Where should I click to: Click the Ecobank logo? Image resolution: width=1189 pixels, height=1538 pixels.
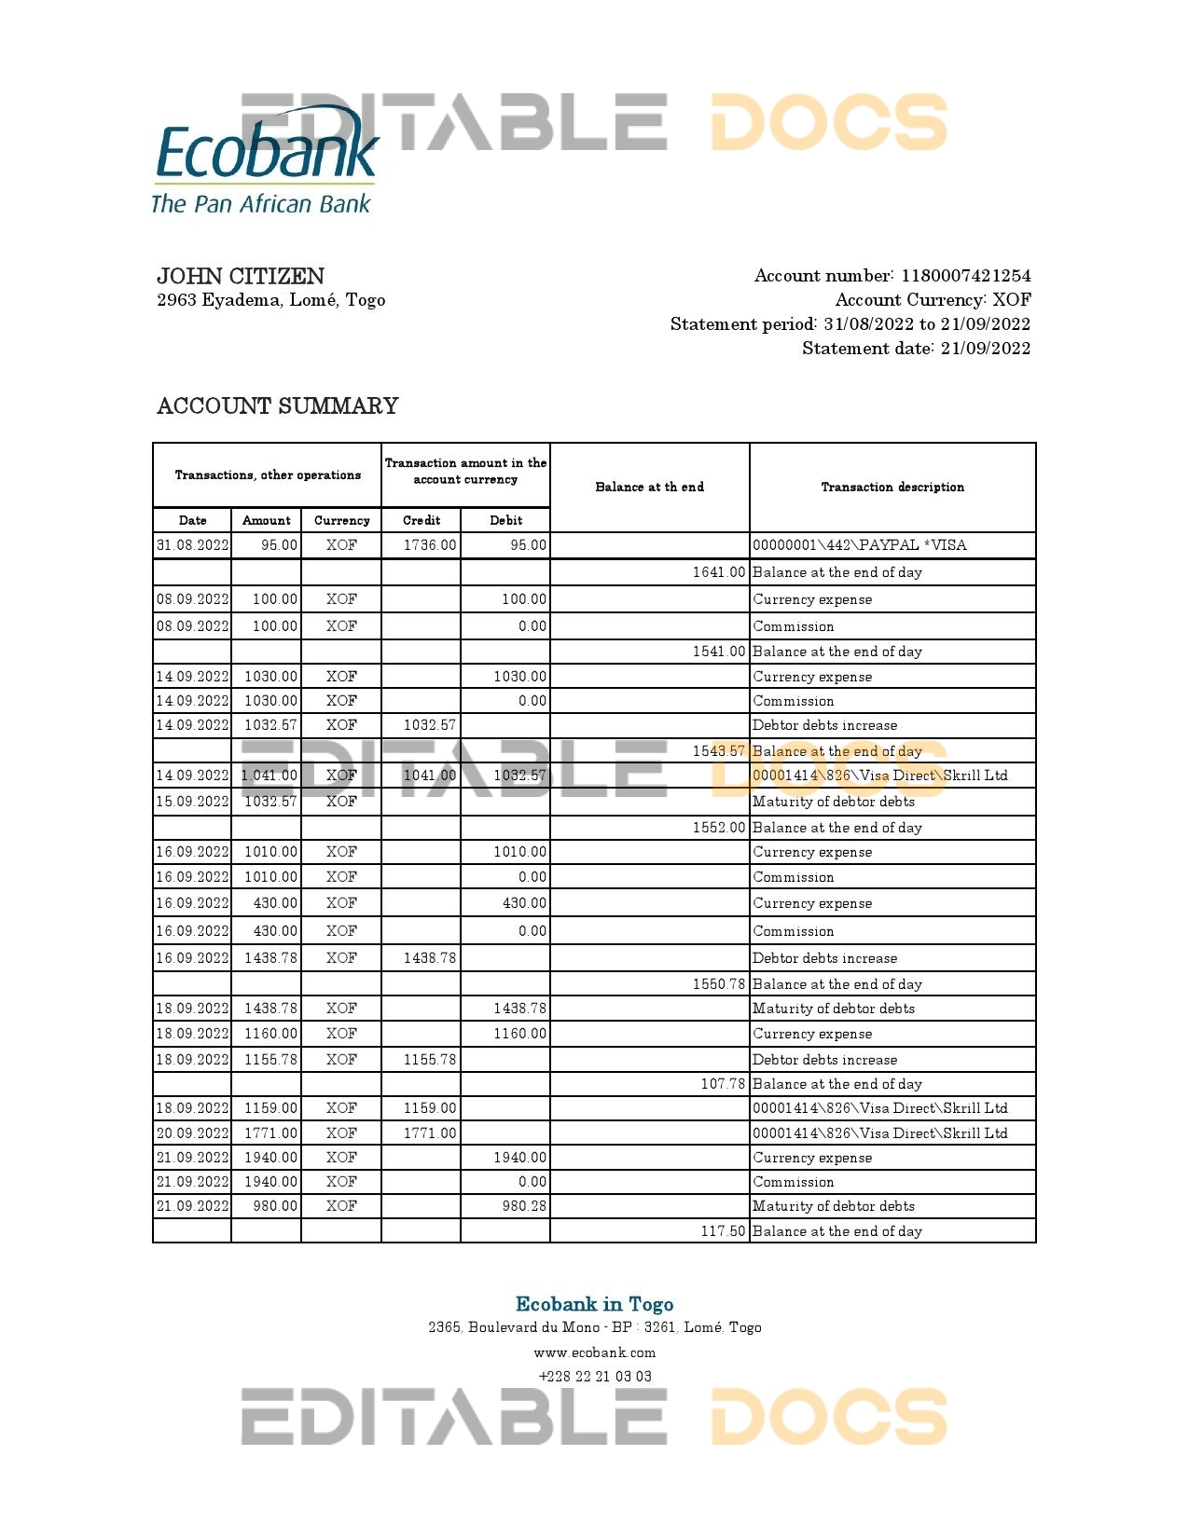(x=265, y=160)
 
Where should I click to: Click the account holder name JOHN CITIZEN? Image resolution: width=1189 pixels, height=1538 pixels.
(x=241, y=276)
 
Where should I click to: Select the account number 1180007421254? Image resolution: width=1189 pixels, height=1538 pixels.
(x=965, y=276)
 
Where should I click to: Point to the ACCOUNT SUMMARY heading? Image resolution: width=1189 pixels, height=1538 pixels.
(x=278, y=406)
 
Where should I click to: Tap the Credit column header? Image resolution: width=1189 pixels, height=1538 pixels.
(x=422, y=520)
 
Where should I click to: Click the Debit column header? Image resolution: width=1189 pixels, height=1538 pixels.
(x=505, y=520)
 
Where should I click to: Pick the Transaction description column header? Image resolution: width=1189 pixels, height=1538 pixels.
(x=892, y=487)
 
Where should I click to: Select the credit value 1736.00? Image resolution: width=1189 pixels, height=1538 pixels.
(x=430, y=545)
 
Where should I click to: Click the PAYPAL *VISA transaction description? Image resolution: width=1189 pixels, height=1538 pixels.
(x=859, y=545)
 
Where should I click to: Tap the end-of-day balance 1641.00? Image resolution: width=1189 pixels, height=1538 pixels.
(x=719, y=572)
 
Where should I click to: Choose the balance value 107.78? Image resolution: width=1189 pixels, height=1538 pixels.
(x=723, y=1084)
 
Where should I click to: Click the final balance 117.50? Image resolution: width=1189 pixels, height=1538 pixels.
(x=723, y=1231)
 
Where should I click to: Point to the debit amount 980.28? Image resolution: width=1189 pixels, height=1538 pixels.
(x=524, y=1206)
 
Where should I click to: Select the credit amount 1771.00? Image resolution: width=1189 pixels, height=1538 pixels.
(x=430, y=1133)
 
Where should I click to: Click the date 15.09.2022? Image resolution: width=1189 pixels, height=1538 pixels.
(x=192, y=802)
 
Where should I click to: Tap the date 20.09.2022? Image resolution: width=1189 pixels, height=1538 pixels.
(x=192, y=1133)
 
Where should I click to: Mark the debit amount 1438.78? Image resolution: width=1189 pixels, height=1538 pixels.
(x=519, y=1009)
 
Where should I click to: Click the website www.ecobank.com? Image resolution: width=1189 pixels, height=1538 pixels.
(x=594, y=1353)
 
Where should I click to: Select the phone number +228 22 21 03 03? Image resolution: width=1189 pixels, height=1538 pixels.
(x=595, y=1377)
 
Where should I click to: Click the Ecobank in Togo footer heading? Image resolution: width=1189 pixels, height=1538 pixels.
(x=594, y=1304)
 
